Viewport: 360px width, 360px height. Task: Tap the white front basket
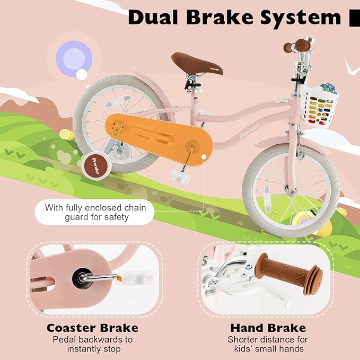point(319,106)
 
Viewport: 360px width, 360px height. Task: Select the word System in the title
point(299,17)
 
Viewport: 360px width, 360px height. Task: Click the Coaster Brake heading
point(92,328)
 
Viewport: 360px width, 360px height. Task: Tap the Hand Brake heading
point(268,328)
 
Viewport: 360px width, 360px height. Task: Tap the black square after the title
point(354,18)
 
